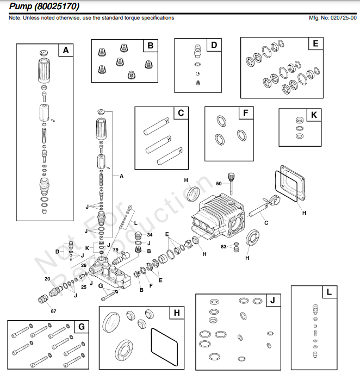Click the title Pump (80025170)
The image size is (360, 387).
tap(44, 7)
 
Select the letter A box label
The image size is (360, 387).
tap(66, 51)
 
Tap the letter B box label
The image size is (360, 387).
tap(151, 46)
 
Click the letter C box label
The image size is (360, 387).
tap(180, 113)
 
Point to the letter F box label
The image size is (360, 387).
tap(246, 113)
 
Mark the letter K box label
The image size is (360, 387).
tap(314, 115)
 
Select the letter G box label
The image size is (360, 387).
tap(81, 327)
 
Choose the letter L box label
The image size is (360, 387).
tap(329, 292)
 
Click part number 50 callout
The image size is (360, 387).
tap(219, 184)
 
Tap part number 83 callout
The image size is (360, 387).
tap(224, 247)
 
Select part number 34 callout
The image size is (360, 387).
tap(150, 235)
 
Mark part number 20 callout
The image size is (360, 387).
tap(47, 278)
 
